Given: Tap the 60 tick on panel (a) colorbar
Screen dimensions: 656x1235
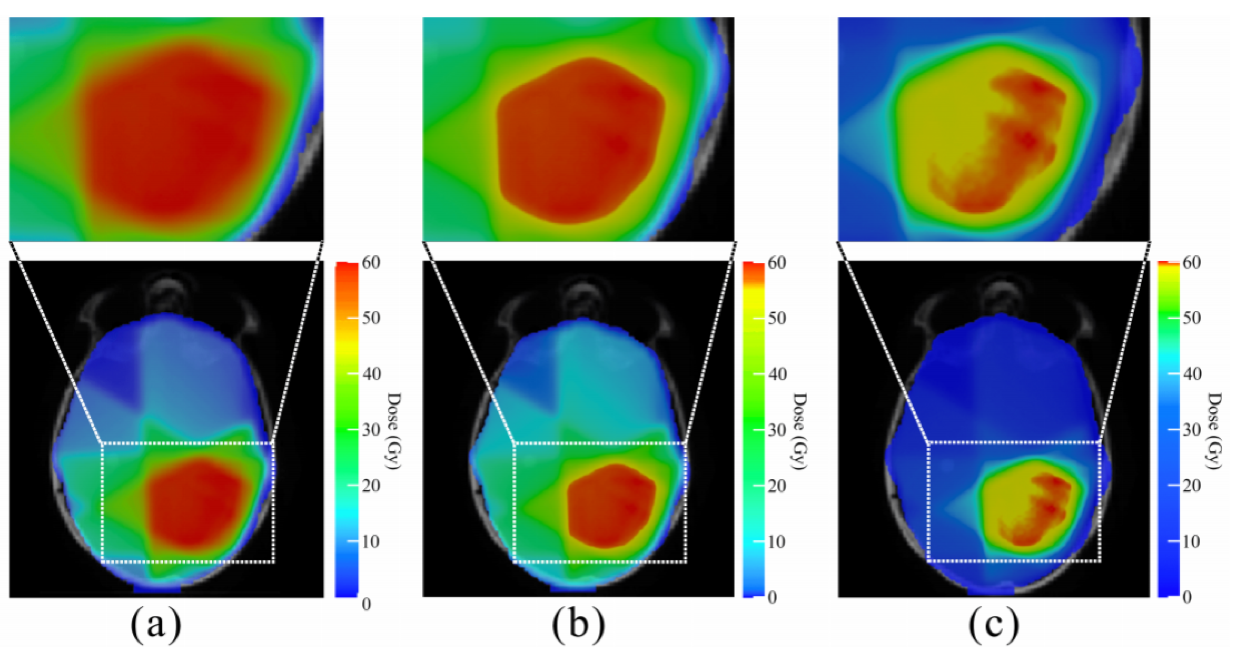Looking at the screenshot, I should (x=370, y=263).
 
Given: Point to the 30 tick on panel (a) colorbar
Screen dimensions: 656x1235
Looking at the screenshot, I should (x=370, y=430).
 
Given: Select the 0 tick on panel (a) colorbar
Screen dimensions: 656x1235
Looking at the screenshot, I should (x=366, y=604).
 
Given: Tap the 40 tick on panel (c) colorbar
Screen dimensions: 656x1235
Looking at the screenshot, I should (x=1191, y=374).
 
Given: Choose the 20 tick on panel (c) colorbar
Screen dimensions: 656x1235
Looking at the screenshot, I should (x=1191, y=486).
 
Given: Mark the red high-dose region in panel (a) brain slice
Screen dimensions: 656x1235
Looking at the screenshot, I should (x=194, y=503).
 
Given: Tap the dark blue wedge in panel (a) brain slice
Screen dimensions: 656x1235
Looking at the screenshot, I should (x=115, y=379).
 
